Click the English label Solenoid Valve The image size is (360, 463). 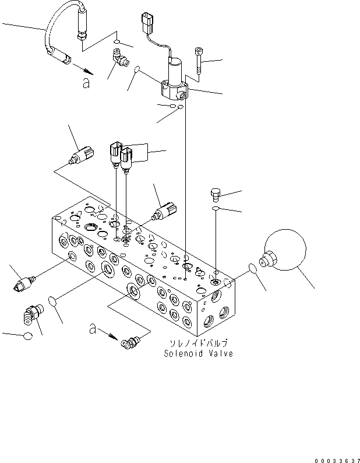click(x=198, y=354)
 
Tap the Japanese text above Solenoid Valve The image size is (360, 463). click(x=197, y=344)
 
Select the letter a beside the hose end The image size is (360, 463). click(x=87, y=84)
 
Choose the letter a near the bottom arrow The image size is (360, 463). click(x=93, y=329)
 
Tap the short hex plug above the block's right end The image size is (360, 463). click(x=214, y=193)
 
